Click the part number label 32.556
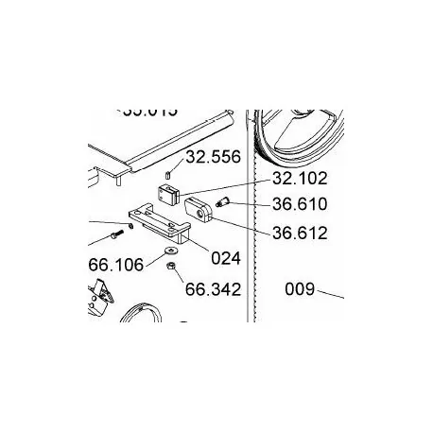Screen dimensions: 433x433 pos(213,157)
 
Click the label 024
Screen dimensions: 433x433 pos(225,257)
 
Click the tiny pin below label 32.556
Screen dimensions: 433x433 pos(166,174)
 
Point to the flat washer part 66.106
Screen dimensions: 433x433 pos(169,251)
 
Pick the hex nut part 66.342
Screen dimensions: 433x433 pos(164,269)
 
